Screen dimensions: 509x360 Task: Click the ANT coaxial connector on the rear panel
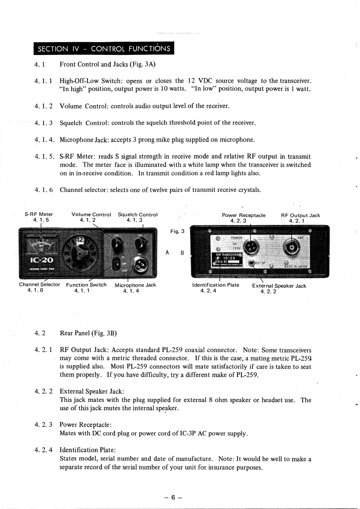[x=291, y=248]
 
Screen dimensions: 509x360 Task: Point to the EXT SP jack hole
[x=252, y=264]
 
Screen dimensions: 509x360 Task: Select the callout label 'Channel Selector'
[x=39, y=285]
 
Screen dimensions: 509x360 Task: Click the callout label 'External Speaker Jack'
[x=279, y=286]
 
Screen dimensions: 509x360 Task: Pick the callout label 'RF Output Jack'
[x=301, y=215]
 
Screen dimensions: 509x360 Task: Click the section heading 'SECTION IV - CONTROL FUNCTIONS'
[x=104, y=49]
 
